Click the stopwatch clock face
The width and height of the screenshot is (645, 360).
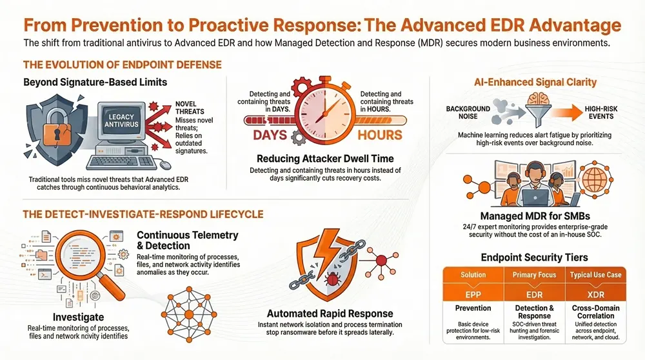coord(325,110)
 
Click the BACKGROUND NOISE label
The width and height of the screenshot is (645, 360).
coord(468,113)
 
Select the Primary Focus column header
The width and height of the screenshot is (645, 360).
coord(535,275)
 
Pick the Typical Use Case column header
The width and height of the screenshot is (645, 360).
coord(597,275)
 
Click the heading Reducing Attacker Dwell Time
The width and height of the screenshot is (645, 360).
coord(324,159)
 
